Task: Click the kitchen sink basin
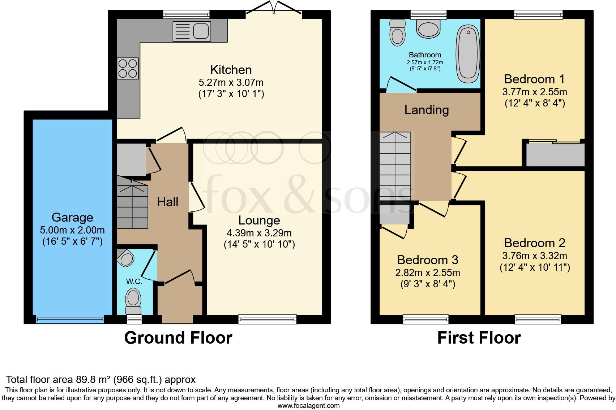tap(201, 31)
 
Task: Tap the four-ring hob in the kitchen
tap(128, 68)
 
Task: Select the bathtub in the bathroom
tap(468, 54)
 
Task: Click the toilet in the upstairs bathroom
tap(397, 33)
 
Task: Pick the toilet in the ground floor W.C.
tap(133, 301)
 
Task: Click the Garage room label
tap(72, 217)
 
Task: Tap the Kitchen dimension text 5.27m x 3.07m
tap(231, 82)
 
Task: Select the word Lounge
tap(259, 220)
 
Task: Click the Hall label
tap(167, 202)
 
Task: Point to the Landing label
tap(427, 110)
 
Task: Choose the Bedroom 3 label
tap(428, 260)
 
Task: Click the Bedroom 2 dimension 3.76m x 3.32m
tap(535, 256)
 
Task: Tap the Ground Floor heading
tap(178, 338)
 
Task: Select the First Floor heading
tap(479, 338)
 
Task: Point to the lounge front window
tap(267, 319)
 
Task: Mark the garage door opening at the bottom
tap(70, 320)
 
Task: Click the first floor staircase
tap(395, 166)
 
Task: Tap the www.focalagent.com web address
tap(308, 405)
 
